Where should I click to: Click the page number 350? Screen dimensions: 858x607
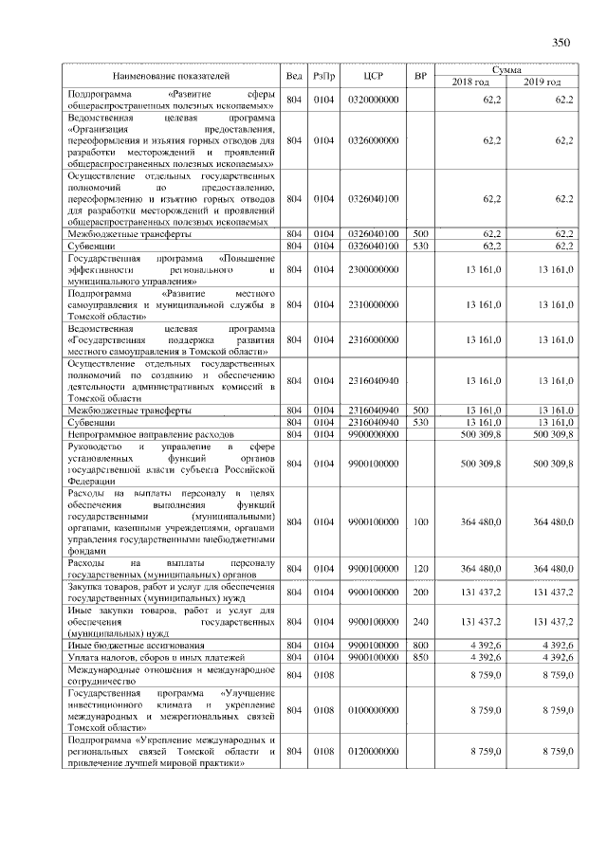pyautogui.click(x=561, y=41)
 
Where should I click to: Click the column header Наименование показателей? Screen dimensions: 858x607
pyautogui.click(x=171, y=75)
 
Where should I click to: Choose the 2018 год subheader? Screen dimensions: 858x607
pyautogui.click(x=469, y=82)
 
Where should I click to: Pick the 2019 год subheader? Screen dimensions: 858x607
pyautogui.click(x=543, y=82)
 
